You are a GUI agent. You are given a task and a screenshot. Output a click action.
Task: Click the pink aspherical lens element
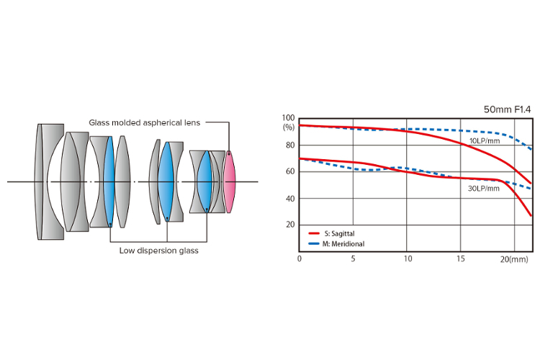230,181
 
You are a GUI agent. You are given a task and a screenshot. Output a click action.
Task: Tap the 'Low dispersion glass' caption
159,251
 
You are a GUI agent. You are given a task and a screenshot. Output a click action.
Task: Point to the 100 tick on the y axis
289,118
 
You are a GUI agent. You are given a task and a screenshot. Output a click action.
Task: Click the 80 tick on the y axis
289,145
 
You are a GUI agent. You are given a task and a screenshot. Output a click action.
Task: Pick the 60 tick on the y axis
289,171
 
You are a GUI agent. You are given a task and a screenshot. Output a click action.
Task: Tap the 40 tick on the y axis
289,198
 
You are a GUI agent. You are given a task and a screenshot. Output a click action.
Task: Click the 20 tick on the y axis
289,225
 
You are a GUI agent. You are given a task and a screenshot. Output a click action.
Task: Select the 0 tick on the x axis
300,258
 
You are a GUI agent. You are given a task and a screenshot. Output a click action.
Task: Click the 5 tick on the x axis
353,258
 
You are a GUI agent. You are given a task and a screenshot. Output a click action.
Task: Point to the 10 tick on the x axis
408,258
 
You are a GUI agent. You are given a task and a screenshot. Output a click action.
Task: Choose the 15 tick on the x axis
462,258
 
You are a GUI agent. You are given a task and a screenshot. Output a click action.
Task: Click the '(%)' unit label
289,127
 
